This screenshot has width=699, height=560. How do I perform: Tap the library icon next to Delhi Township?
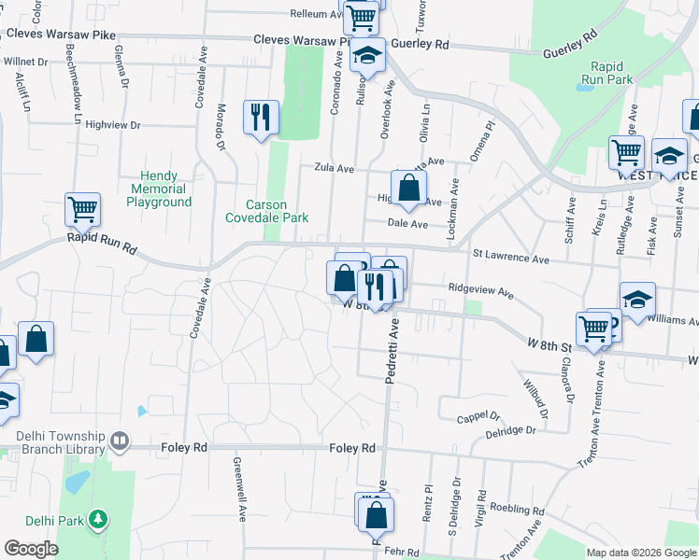coord(119,440)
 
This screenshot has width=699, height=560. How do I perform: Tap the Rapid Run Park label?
coord(612,73)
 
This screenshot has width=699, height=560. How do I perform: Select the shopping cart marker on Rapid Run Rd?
coord(82,209)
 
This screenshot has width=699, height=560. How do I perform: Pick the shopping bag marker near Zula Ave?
coord(408,189)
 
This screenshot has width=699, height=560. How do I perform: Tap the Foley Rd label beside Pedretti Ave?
coord(352,448)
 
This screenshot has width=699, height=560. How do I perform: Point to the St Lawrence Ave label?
coord(510,255)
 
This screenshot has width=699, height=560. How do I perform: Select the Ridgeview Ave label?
coord(481,290)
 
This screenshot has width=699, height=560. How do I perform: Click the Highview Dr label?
coord(112,124)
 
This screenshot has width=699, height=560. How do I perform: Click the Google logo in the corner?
coord(31,549)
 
